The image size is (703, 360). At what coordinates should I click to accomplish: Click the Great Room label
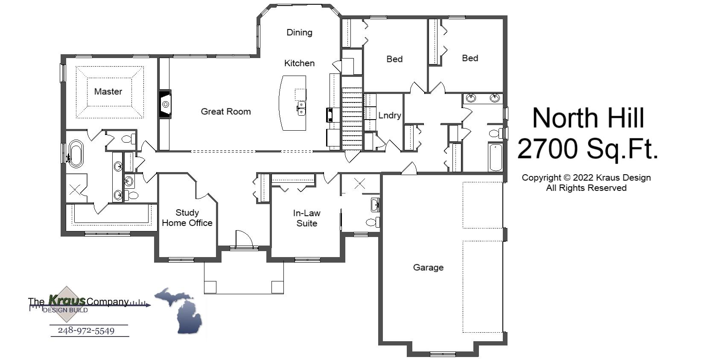(225, 111)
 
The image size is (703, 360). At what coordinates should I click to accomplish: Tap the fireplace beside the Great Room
(165, 103)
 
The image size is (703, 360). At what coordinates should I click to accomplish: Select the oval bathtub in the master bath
(76, 153)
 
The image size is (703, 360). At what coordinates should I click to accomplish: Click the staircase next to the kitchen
(352, 118)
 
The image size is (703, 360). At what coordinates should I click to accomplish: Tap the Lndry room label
(389, 115)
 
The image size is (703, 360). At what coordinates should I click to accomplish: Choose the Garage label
(428, 267)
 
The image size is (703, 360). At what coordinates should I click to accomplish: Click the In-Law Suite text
(306, 218)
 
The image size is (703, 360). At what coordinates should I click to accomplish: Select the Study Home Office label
(187, 218)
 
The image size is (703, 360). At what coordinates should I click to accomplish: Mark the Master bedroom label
(108, 91)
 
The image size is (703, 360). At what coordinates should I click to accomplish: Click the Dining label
(299, 32)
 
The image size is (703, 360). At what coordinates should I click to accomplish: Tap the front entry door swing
(244, 239)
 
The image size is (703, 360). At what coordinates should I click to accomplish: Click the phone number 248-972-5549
(86, 331)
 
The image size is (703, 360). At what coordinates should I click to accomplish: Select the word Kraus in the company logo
(67, 300)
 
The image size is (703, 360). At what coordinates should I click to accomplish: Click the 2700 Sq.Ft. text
(587, 149)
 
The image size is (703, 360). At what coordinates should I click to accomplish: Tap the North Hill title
(588, 117)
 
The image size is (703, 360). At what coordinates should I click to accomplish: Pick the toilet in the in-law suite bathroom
(372, 222)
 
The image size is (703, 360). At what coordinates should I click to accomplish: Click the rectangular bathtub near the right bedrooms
(495, 157)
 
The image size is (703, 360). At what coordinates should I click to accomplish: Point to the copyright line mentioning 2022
(586, 178)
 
